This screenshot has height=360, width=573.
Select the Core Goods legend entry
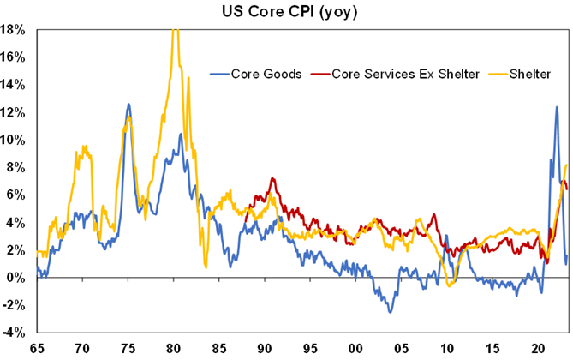266,74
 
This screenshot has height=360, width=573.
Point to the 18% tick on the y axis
18,29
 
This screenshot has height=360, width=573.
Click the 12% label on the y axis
18,112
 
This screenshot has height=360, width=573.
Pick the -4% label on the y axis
18,333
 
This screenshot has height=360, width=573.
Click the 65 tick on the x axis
37,347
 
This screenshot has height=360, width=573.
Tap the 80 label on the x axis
173,347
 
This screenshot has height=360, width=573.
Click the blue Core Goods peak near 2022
557,106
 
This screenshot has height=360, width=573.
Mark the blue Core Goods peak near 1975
128,105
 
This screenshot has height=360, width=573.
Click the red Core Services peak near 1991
272,178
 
